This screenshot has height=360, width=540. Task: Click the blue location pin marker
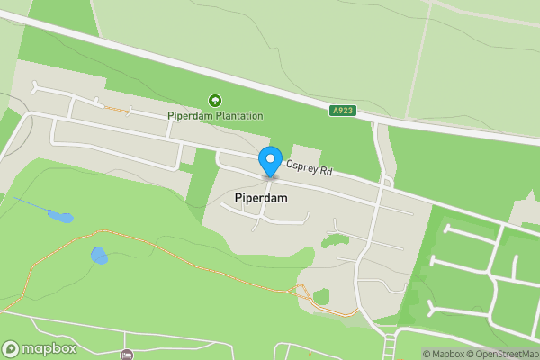269,161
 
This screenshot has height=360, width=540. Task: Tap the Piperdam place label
260,196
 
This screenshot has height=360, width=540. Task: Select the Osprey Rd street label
309,167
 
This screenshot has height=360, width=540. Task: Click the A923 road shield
341,111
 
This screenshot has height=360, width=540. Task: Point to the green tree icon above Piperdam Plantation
215,101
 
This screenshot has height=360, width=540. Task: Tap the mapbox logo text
50,348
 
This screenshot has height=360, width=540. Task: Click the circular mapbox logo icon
11,348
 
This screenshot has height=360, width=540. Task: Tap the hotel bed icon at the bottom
126,354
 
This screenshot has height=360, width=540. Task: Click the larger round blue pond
99,256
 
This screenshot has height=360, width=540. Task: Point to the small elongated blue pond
61,217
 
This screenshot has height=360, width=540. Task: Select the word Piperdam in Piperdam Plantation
187,115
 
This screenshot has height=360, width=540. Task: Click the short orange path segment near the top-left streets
114,110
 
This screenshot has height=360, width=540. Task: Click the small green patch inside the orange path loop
321,297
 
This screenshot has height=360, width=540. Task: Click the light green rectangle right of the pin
307,157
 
